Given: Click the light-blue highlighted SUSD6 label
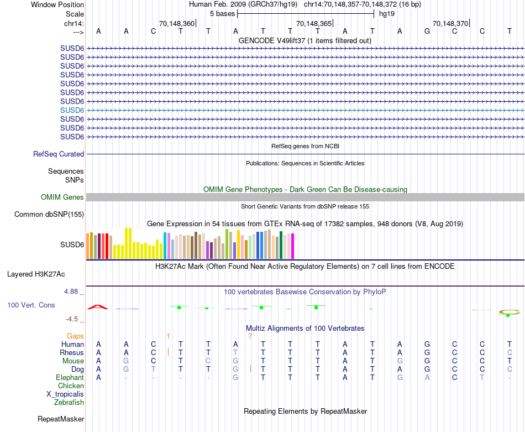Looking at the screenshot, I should pos(72,110).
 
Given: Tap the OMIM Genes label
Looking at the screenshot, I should pos(62,197).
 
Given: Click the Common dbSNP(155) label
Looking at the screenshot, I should pos(49,214).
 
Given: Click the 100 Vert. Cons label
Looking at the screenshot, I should pos(31,305).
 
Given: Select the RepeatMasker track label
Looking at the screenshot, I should pos(61,419).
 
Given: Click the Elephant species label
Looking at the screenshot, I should pos(70,377).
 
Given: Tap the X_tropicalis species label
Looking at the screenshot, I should pos(65,394).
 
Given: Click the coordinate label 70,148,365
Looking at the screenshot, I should pos(314,24).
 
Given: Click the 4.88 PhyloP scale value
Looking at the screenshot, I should pos(72,291).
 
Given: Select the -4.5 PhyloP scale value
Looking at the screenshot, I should pos(74,319).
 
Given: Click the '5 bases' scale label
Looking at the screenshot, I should pos(222,13).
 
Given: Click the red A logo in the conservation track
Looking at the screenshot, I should pos(98,306).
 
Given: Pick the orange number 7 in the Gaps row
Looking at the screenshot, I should pos(250,336).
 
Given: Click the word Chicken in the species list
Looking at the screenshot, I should pos(71,386).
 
